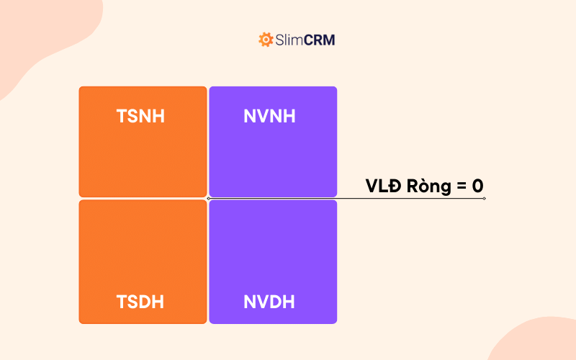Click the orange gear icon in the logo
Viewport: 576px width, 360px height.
(x=266, y=40)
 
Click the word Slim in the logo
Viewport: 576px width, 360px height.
(x=289, y=40)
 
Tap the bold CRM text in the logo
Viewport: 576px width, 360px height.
(x=320, y=40)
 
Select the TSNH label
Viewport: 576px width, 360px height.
(x=140, y=116)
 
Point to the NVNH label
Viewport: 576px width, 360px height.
(x=269, y=116)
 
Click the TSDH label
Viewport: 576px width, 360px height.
(x=140, y=302)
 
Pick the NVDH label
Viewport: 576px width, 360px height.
(x=269, y=302)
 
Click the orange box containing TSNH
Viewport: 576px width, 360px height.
(x=143, y=155)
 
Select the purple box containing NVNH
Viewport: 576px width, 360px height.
(x=273, y=155)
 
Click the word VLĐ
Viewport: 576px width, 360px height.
(x=383, y=186)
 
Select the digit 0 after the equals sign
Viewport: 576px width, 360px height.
(x=477, y=186)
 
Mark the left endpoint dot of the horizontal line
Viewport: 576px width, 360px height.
(x=208, y=198)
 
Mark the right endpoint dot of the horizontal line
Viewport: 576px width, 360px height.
(x=485, y=198)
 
